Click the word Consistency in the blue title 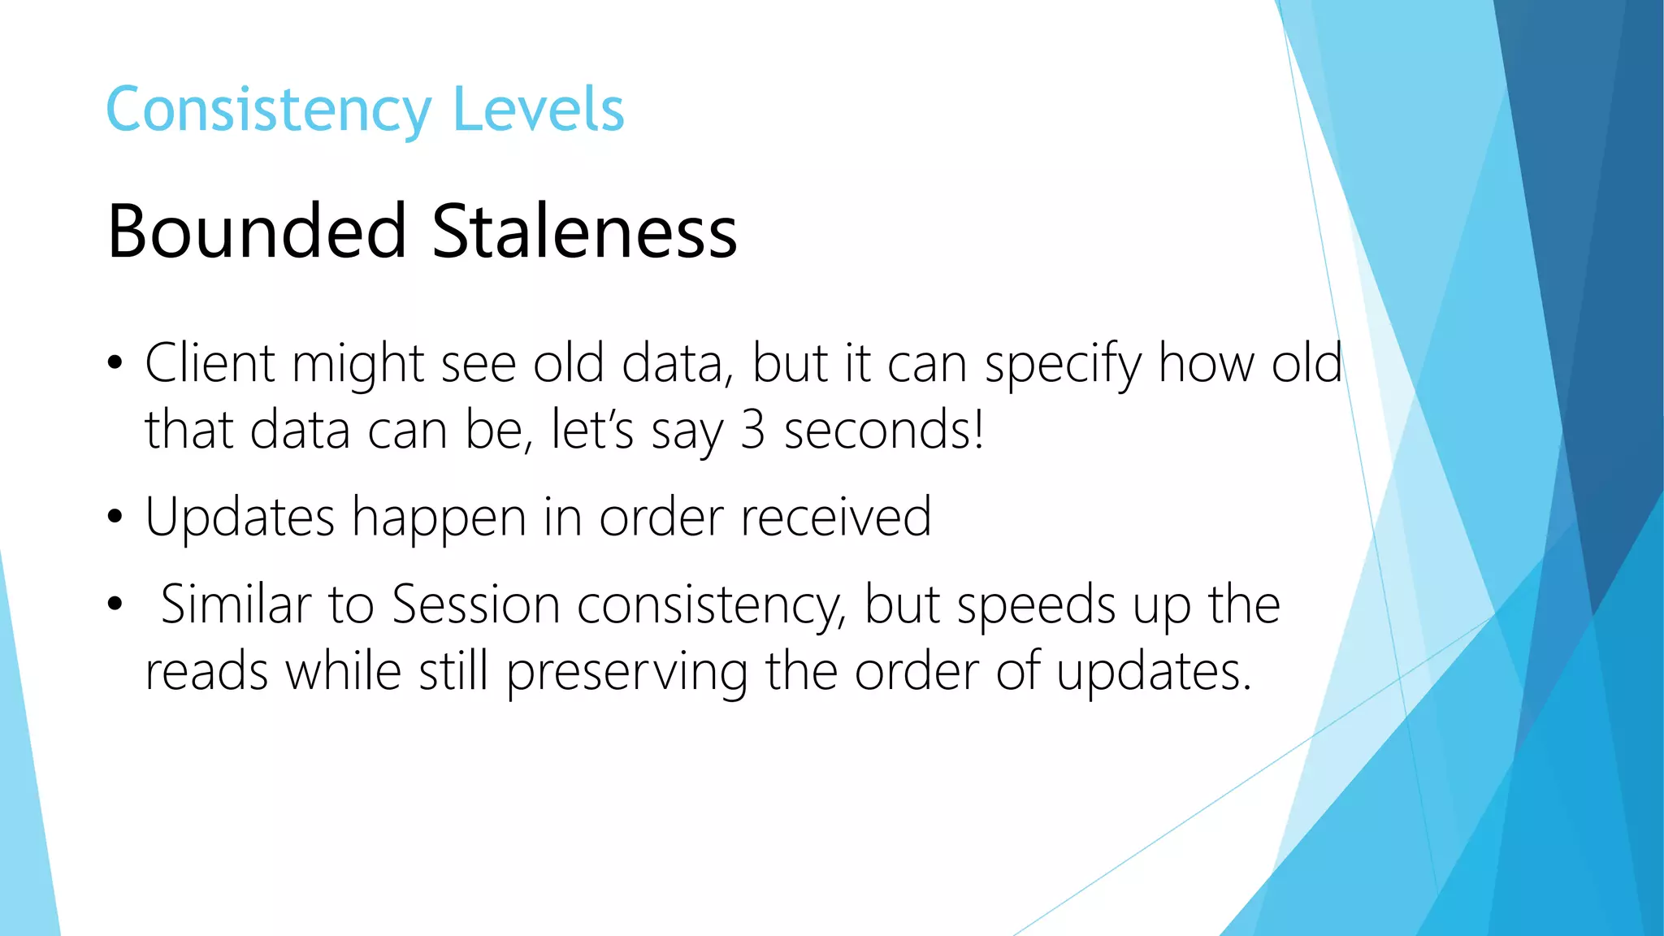click(x=269, y=110)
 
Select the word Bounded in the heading click(x=257, y=232)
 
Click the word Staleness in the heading click(x=584, y=232)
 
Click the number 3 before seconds click(x=752, y=430)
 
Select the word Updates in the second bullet click(x=240, y=518)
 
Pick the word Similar click(x=236, y=604)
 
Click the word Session click(x=475, y=604)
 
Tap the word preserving click(x=626, y=673)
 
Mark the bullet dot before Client click(x=115, y=363)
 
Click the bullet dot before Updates click(x=115, y=517)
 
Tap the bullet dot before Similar click(x=115, y=604)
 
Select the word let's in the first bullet click(x=591, y=430)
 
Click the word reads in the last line click(x=206, y=673)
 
